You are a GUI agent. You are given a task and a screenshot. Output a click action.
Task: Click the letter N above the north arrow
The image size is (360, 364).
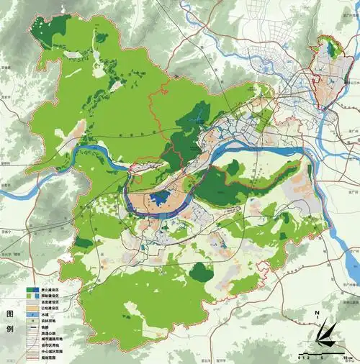318,313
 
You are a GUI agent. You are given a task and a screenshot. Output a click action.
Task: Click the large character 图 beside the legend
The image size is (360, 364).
10,314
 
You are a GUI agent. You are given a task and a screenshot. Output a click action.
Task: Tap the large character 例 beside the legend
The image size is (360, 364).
10,329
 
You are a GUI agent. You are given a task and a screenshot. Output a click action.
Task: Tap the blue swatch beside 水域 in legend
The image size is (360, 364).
32,314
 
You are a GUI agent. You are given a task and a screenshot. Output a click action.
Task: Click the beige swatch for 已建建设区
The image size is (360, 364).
32,307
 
